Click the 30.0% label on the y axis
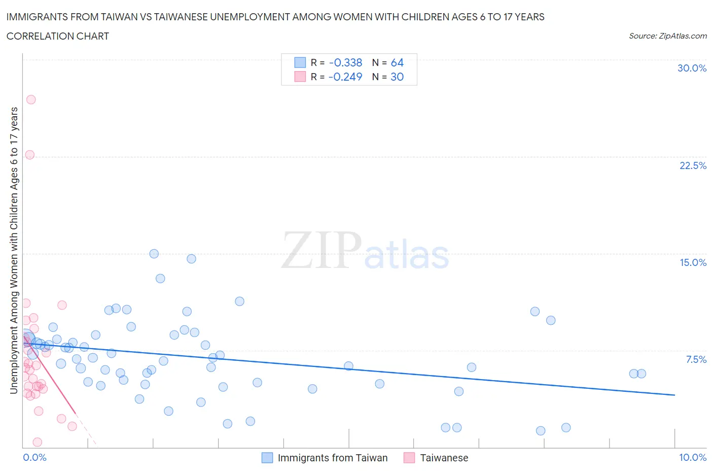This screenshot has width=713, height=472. tap(692, 68)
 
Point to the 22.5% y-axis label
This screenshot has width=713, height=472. tap(693, 165)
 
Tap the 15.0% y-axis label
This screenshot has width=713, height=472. tap(693, 262)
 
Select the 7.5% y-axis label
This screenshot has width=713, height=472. tap(696, 359)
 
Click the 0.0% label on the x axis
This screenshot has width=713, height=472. tap(34, 457)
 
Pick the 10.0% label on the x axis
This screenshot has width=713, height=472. tap(692, 457)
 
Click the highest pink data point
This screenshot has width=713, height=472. tap(31, 99)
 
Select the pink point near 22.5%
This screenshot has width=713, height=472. tap(30, 155)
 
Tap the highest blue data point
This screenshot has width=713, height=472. tap(154, 254)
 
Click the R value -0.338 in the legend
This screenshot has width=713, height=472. tap(345, 62)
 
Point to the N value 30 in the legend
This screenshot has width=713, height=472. tap(397, 77)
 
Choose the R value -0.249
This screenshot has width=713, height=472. tap(345, 77)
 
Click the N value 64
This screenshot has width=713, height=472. tap(397, 62)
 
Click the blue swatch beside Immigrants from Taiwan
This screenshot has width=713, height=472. tap(267, 458)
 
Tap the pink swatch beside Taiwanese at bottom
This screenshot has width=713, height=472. tap(409, 458)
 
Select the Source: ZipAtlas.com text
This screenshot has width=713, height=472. tap(667, 36)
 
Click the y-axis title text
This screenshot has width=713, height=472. tap(14, 251)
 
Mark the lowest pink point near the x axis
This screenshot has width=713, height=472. tap(37, 442)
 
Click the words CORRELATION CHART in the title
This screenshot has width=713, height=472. tap(58, 36)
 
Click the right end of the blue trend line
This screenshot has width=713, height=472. tap(674, 395)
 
